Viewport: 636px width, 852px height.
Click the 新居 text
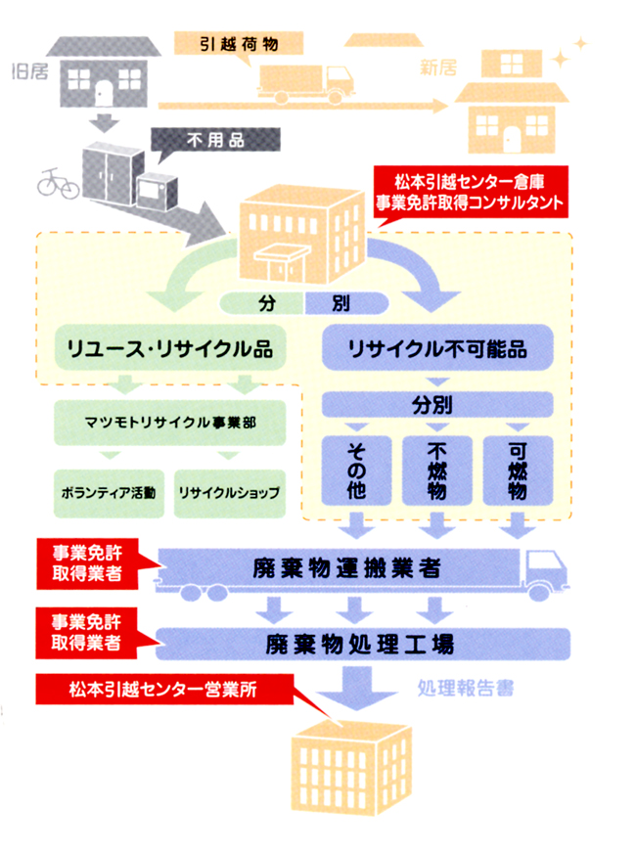[x=438, y=67]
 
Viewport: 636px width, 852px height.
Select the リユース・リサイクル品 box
[x=168, y=347]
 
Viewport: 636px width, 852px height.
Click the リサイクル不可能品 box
[x=436, y=347]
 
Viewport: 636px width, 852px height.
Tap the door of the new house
[x=513, y=137]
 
